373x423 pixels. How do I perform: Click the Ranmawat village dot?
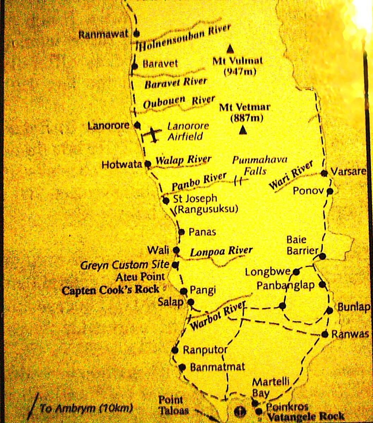pos(137,34)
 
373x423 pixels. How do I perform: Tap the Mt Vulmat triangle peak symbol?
pos(230,48)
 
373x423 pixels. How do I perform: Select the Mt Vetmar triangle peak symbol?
pos(242,130)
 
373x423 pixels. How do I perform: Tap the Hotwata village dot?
pos(148,164)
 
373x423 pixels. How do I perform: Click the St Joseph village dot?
pos(166,201)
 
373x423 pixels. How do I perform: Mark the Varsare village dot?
pos(324,173)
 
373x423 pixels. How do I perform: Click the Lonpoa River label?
pos(221,251)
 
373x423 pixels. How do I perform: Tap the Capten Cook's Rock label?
pos(110,290)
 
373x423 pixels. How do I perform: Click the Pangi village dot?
pos(183,291)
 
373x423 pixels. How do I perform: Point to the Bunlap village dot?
pos(329,310)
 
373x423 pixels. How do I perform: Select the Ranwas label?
pos(350,334)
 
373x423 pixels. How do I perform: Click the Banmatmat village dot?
pos(182,367)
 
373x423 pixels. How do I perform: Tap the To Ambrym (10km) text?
pos(86,409)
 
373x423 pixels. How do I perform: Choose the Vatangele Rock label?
pos(305,416)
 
